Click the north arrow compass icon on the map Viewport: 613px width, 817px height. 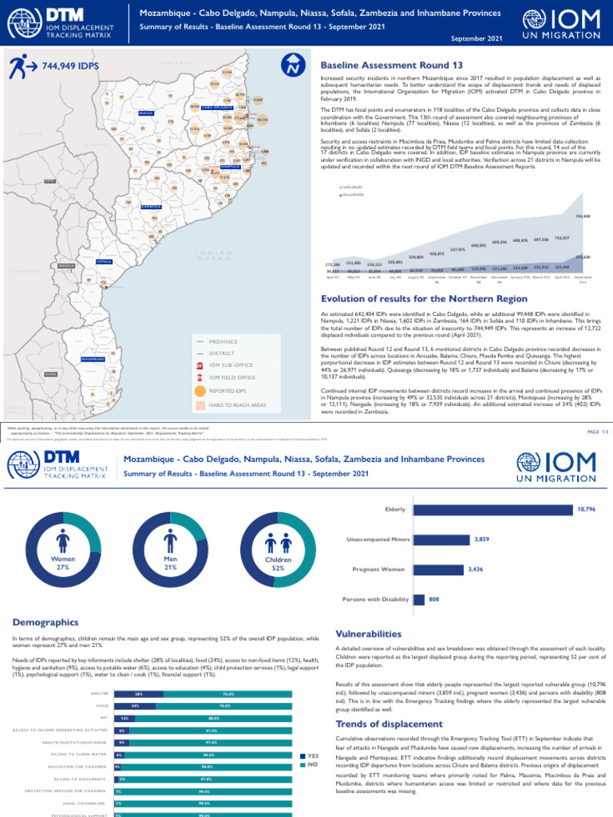294,66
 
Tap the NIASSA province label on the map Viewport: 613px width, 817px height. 145,113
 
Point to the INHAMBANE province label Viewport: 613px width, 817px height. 93,359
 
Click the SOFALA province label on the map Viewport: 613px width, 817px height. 104,262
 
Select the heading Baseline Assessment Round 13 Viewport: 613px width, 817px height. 391,65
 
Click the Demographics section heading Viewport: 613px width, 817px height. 45,622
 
